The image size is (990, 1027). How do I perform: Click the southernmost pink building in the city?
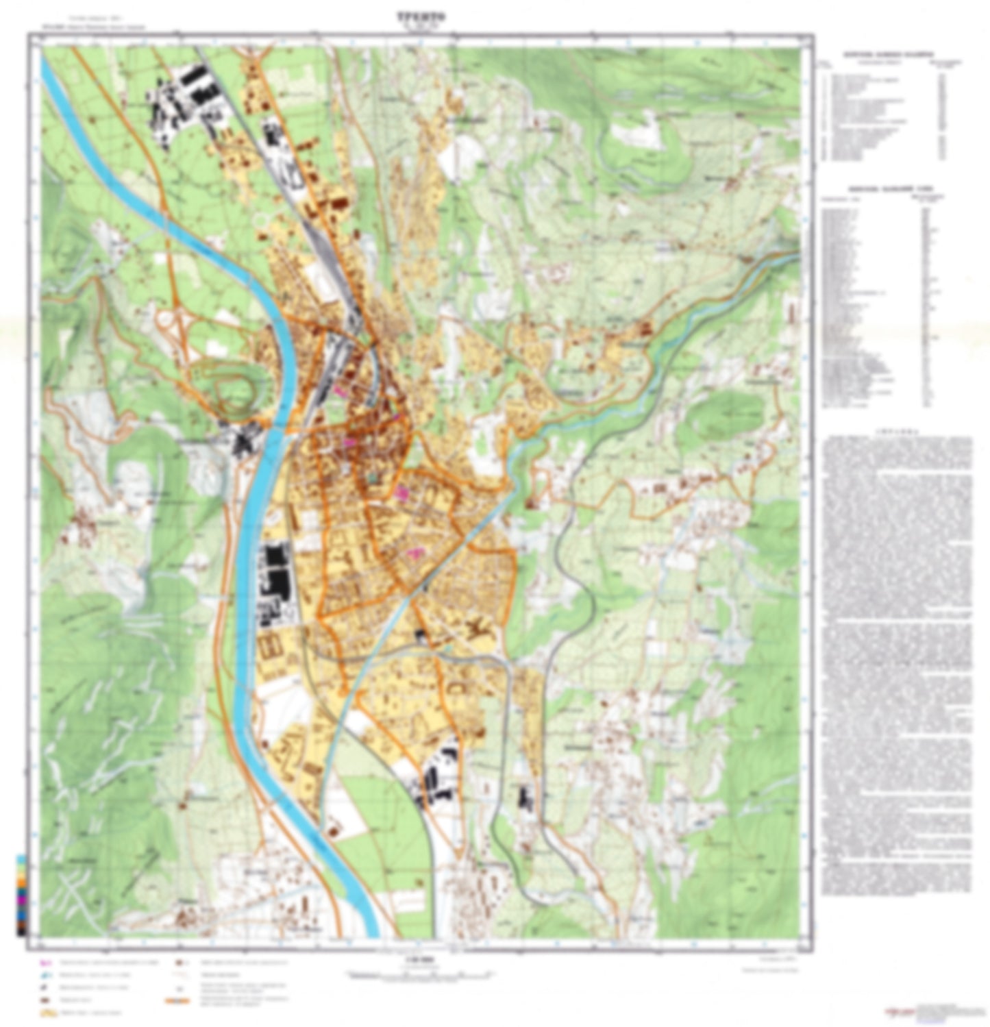click(x=412, y=552)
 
